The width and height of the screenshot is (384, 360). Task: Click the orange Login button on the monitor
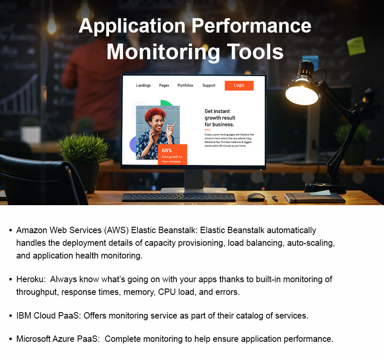(x=239, y=85)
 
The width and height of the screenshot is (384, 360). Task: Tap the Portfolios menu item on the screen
(x=185, y=85)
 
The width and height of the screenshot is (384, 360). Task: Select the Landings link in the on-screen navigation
(x=143, y=85)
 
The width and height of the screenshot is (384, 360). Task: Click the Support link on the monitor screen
(x=209, y=85)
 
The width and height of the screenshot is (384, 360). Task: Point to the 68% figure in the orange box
(x=167, y=151)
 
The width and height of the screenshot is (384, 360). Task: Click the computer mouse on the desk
(x=256, y=197)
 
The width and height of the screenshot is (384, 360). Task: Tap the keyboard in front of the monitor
(x=178, y=197)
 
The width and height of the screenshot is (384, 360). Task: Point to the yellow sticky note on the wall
(x=356, y=46)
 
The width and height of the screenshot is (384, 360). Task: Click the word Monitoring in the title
(x=162, y=52)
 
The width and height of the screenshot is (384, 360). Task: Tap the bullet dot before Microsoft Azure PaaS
(x=10, y=340)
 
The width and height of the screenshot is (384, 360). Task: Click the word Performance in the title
(x=251, y=26)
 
